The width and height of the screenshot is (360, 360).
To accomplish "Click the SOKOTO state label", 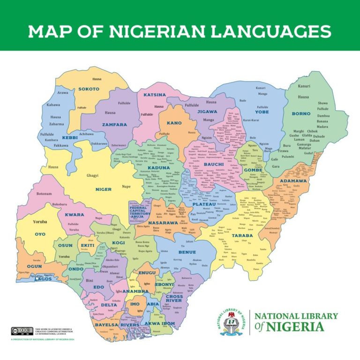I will pyautogui.click(x=89, y=89).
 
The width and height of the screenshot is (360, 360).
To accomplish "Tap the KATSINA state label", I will pyautogui.click(x=155, y=95).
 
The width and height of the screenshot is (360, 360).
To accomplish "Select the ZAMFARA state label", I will pyautogui.click(x=115, y=125).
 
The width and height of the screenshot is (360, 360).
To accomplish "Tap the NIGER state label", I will pyautogui.click(x=103, y=189).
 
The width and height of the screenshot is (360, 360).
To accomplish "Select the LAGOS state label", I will pyautogui.click(x=43, y=279).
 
